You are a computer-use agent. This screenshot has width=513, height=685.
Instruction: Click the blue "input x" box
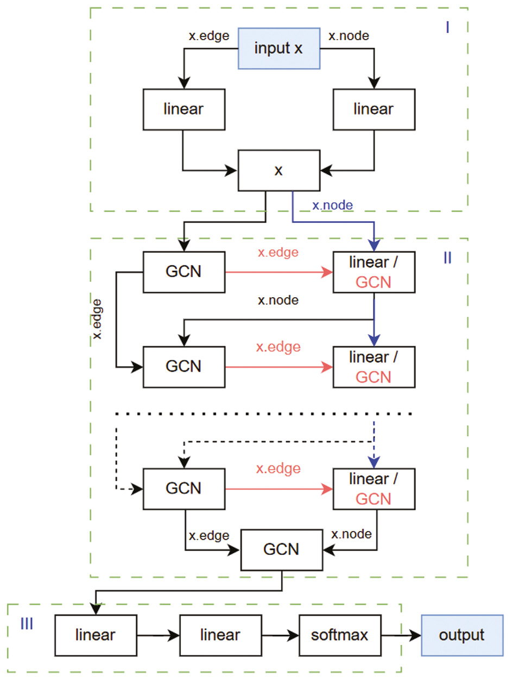pos(279,48)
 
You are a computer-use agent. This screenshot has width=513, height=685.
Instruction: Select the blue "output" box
pos(462,635)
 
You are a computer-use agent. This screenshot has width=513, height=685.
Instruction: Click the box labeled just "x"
pos(278,170)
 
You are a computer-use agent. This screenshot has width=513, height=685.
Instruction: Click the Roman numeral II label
pos(447,258)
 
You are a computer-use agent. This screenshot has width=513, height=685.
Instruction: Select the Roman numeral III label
pos(27,624)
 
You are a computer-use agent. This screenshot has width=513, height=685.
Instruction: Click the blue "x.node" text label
pos(332,206)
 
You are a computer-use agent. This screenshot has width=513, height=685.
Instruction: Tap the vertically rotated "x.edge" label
pos(98,319)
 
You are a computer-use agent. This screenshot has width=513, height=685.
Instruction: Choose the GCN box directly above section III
pos(281,549)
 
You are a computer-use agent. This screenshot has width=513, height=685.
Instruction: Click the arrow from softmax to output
pos(402,635)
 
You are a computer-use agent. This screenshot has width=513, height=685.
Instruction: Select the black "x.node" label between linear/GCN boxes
pos(278,300)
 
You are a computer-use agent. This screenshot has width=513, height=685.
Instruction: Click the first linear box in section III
pos(96,635)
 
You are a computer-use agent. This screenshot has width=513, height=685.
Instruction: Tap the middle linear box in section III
pos(220,635)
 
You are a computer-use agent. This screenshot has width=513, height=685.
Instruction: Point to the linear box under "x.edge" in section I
pos(183,109)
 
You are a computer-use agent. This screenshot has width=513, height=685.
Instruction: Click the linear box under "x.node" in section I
pos(373,109)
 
